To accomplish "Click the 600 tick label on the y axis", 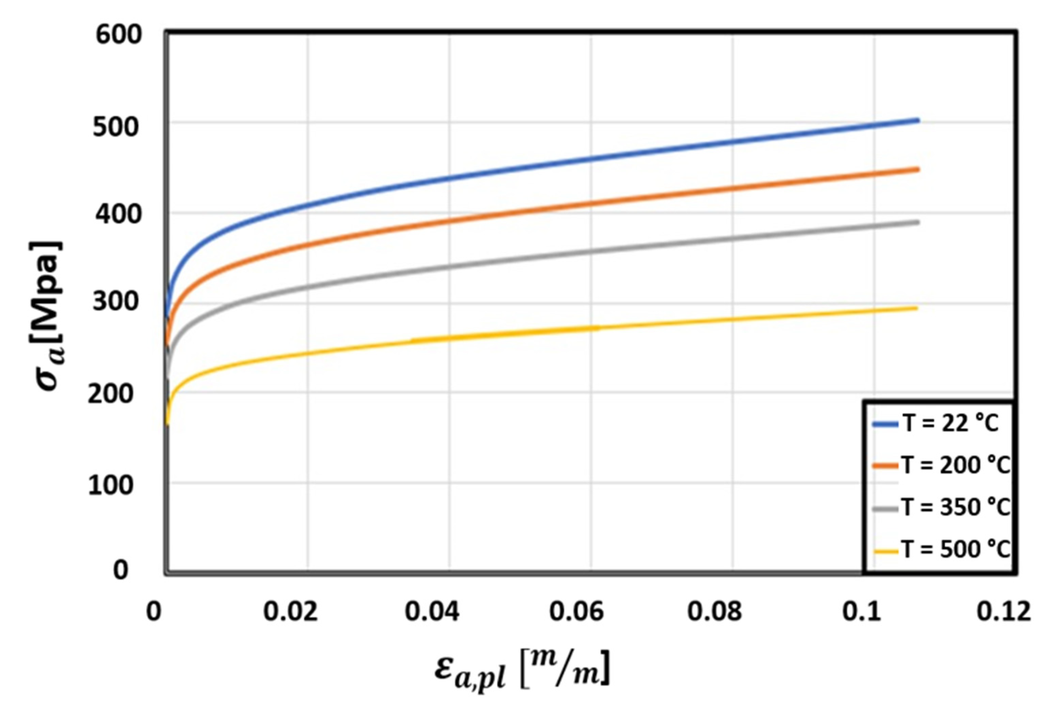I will point(119,35).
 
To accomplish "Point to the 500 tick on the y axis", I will point(115,127).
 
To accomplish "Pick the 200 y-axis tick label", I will point(111,394).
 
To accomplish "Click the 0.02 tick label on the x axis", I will point(290,612).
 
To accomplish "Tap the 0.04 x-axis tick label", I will point(432,612).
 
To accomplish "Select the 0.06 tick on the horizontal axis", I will point(576,612).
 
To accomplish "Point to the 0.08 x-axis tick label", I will point(714,612).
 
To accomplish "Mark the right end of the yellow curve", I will point(916,308).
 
